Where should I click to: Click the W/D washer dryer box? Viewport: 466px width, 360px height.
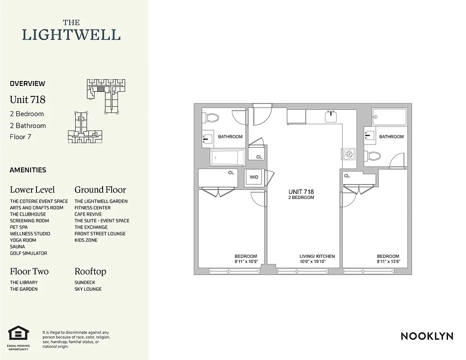click(254, 177)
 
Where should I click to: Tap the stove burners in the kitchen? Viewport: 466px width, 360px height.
click(349, 154)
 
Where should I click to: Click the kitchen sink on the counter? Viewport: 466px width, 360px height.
click(331, 117)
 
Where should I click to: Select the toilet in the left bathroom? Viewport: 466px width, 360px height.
click(212, 118)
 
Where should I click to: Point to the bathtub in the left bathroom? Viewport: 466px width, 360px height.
click(227, 157)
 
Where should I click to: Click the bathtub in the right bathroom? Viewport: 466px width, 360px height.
click(389, 117)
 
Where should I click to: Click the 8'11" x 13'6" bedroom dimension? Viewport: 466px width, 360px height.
click(388, 261)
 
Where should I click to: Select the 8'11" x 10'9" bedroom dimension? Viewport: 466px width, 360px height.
click(245, 261)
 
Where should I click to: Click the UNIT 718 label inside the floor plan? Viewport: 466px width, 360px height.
click(301, 192)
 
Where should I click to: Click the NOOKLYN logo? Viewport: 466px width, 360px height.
click(426, 336)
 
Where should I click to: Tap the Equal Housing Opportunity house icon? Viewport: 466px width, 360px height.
click(18, 333)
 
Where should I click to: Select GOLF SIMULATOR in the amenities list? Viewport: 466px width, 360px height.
click(28, 253)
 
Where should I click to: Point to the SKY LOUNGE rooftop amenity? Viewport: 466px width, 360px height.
click(88, 289)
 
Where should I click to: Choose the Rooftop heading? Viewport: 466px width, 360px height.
click(90, 271)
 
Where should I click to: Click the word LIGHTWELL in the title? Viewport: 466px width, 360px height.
click(71, 35)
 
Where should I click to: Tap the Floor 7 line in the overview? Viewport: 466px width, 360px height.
click(20, 137)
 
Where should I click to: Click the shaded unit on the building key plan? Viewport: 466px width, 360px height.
click(101, 89)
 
